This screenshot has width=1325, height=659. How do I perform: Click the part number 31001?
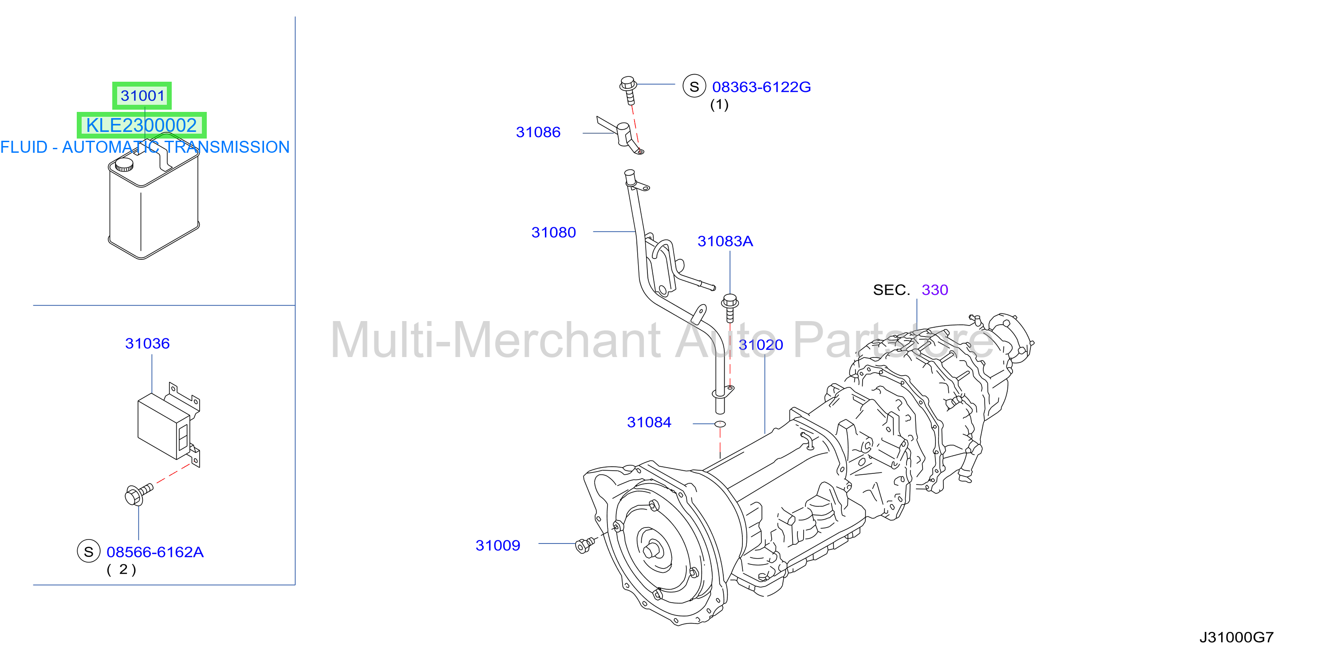pyautogui.click(x=142, y=96)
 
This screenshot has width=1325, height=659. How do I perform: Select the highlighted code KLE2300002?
pyautogui.click(x=142, y=125)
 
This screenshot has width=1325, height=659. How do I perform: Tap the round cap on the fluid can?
pyautogui.click(x=124, y=165)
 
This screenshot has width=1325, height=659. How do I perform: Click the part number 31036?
pyautogui.click(x=147, y=343)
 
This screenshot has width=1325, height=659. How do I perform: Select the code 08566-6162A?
pyautogui.click(x=155, y=552)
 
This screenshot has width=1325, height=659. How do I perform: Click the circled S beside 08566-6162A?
pyautogui.click(x=88, y=552)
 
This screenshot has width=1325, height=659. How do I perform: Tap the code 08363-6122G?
pyautogui.click(x=761, y=87)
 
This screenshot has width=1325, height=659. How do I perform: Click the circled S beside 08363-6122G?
pyautogui.click(x=694, y=86)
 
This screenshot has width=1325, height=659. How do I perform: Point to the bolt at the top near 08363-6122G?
pyautogui.click(x=628, y=90)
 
